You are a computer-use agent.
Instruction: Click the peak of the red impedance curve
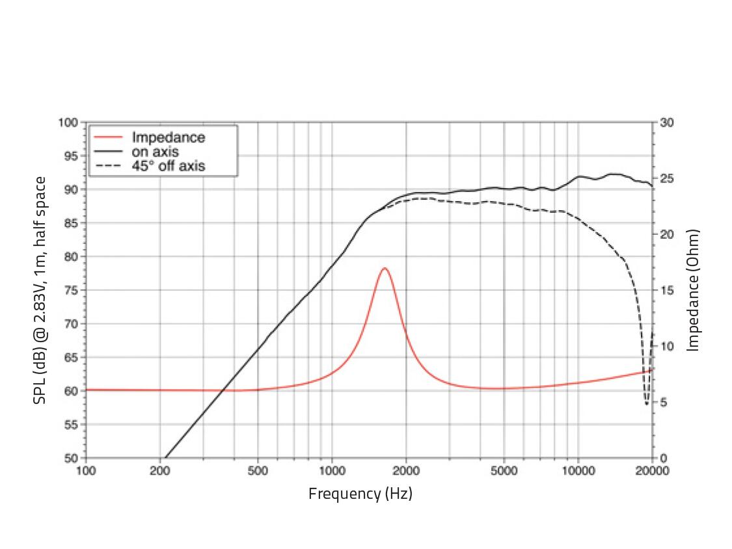[x=385, y=268]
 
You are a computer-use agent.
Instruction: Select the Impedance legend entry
[x=168, y=137]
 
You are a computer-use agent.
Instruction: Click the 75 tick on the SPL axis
[x=72, y=290]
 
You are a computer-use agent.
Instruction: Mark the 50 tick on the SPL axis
[x=72, y=458]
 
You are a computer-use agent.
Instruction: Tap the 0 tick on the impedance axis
[x=662, y=458]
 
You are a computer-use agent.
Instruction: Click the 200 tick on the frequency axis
[x=160, y=471]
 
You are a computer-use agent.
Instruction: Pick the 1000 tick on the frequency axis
[x=332, y=471]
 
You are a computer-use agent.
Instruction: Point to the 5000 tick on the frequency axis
[x=504, y=471]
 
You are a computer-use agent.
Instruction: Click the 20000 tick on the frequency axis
[x=652, y=471]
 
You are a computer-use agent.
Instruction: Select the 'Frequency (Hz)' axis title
[x=360, y=494]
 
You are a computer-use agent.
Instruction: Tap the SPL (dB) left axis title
[x=40, y=290]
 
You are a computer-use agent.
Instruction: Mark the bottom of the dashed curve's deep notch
[x=646, y=404]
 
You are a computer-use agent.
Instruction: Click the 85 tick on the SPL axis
[x=72, y=223]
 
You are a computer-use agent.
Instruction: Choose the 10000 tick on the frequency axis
[x=578, y=471]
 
